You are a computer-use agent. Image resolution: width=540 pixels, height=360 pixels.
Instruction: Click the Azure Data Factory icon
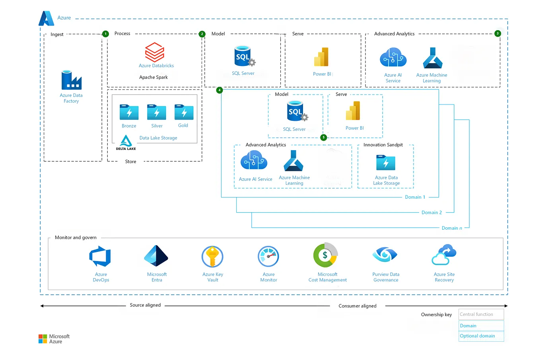pyautogui.click(x=71, y=80)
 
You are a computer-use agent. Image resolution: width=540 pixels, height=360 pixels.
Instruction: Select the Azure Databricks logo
pyautogui.click(x=155, y=52)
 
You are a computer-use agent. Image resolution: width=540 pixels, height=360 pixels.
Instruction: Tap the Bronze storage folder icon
pyautogui.click(x=129, y=112)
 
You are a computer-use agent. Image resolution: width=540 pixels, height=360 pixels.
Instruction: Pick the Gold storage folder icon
pyautogui.click(x=184, y=112)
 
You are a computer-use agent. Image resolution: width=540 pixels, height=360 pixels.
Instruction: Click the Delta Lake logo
pyautogui.click(x=126, y=142)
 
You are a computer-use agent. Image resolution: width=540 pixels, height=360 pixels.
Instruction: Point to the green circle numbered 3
pyautogui.click(x=497, y=33)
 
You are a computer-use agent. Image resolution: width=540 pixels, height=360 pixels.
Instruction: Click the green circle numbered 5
pyautogui.click(x=324, y=137)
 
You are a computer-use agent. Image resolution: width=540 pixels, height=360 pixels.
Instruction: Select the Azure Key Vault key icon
pyautogui.click(x=212, y=257)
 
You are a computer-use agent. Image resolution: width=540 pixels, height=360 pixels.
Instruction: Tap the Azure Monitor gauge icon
pyautogui.click(x=268, y=257)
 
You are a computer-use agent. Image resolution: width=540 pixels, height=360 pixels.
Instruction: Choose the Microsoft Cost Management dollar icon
pyautogui.click(x=325, y=255)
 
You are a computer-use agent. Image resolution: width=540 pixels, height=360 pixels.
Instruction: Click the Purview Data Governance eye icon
pyautogui.click(x=385, y=255)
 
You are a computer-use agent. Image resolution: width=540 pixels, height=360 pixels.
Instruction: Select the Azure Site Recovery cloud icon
pyautogui.click(x=444, y=255)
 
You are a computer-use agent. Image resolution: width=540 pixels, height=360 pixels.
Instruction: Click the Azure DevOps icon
pyautogui.click(x=100, y=257)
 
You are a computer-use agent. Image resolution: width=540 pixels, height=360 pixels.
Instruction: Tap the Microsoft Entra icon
pyautogui.click(x=156, y=256)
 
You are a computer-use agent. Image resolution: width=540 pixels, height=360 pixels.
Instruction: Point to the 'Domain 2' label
pyautogui.click(x=431, y=213)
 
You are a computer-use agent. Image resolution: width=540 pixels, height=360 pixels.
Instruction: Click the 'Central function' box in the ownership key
pyautogui.click(x=481, y=314)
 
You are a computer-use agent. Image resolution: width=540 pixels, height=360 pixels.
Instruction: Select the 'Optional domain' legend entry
pyautogui.click(x=481, y=336)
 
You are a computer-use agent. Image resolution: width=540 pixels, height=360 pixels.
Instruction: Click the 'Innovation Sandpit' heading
pyautogui.click(x=383, y=145)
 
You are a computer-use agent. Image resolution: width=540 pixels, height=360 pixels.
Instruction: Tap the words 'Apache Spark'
pyautogui.click(x=153, y=77)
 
